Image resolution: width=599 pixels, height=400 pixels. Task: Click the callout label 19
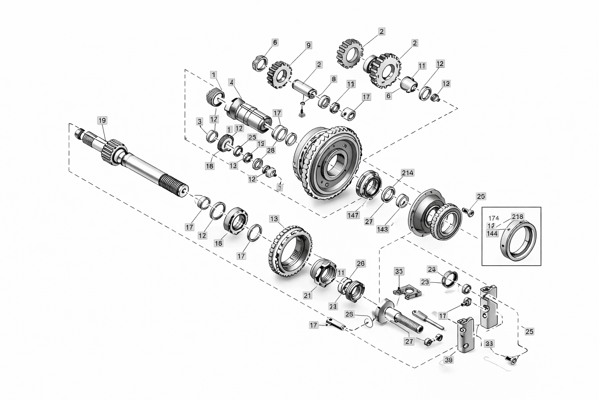(x=102, y=120)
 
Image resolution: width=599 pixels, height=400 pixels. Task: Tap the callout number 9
(x=308, y=45)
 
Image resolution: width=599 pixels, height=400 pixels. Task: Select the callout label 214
(x=408, y=173)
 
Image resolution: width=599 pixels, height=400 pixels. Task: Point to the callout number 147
(x=353, y=215)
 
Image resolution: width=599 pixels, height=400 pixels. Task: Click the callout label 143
(x=383, y=229)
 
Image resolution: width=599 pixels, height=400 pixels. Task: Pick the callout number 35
(x=399, y=271)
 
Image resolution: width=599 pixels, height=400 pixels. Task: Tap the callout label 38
(x=448, y=360)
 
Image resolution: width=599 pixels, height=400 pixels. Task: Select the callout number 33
(x=489, y=344)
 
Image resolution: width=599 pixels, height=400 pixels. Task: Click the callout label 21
(x=308, y=295)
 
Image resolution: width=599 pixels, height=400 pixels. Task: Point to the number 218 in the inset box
(x=518, y=217)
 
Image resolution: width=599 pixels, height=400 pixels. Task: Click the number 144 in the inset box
(x=493, y=233)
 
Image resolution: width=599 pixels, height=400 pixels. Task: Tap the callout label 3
(x=200, y=121)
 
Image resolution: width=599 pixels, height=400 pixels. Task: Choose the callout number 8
(x=333, y=79)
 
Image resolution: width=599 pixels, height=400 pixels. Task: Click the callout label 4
(x=232, y=82)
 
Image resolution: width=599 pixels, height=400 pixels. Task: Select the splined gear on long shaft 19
(x=113, y=151)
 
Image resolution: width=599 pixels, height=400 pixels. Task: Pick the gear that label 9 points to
(x=280, y=74)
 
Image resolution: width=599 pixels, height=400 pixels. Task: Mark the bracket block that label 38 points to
(x=466, y=336)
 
